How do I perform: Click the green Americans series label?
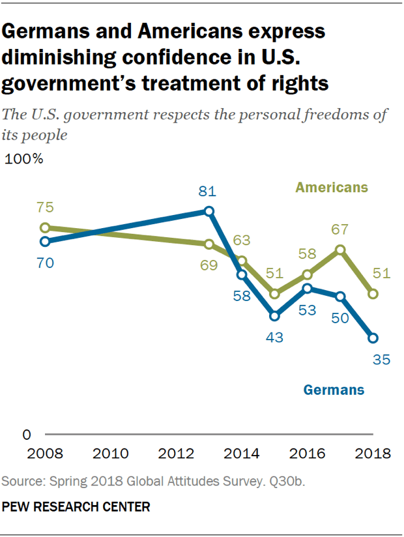click(332, 188)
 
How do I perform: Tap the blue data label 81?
click(207, 192)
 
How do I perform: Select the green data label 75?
click(45, 209)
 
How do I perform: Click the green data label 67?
click(340, 229)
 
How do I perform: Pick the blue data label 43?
click(274, 337)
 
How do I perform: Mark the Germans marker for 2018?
click(373, 338)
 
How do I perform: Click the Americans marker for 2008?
click(45, 228)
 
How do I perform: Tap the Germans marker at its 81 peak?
click(209, 211)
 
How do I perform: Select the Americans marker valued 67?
click(340, 250)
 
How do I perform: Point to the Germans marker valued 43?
click(274, 316)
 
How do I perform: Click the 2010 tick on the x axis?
click(110, 454)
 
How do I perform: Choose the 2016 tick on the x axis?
click(307, 454)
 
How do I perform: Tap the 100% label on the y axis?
click(24, 160)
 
